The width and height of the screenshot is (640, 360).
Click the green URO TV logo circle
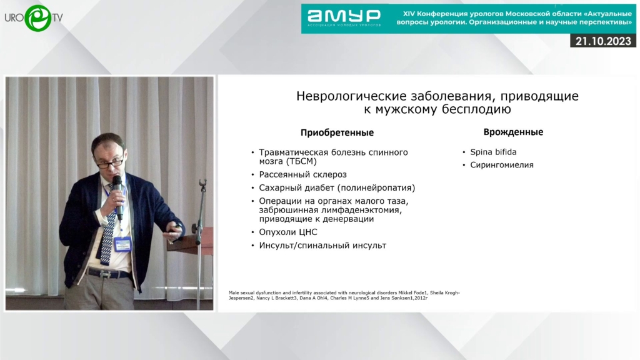point(38,18)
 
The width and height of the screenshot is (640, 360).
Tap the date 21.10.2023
point(603,41)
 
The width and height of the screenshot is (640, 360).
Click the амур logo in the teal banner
point(344,16)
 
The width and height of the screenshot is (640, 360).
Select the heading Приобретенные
point(337,132)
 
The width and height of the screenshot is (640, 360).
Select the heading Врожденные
point(513,132)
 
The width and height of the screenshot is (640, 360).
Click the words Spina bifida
point(493,152)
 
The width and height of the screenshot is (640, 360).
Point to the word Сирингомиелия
point(502,165)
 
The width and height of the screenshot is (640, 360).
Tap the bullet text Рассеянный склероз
point(303,175)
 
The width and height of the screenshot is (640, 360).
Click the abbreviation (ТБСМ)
point(302,162)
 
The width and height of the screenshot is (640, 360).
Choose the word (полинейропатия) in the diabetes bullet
point(376,187)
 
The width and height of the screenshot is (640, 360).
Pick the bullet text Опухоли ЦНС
point(287,232)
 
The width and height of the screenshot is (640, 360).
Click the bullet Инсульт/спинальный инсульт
point(322,245)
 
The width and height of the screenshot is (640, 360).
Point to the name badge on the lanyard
point(122,244)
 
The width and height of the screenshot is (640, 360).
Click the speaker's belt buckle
point(106,275)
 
